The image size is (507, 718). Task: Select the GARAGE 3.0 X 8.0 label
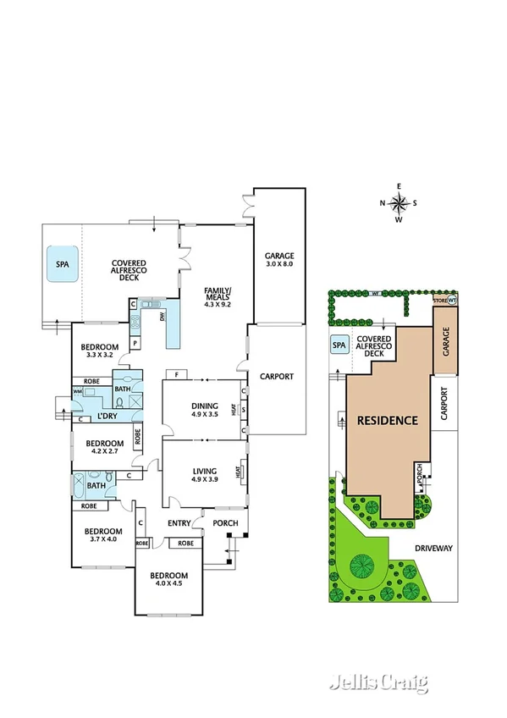(278, 260)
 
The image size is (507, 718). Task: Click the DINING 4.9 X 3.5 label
(205, 410)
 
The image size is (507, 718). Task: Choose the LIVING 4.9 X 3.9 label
(204, 476)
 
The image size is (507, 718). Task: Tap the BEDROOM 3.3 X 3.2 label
(100, 351)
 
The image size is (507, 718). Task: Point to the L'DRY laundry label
(107, 417)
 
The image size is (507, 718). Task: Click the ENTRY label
(179, 523)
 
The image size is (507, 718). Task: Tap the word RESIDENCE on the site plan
(387, 420)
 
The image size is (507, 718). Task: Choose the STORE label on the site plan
(439, 300)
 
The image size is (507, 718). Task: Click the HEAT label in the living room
(243, 470)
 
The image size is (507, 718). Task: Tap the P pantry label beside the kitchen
(134, 343)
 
